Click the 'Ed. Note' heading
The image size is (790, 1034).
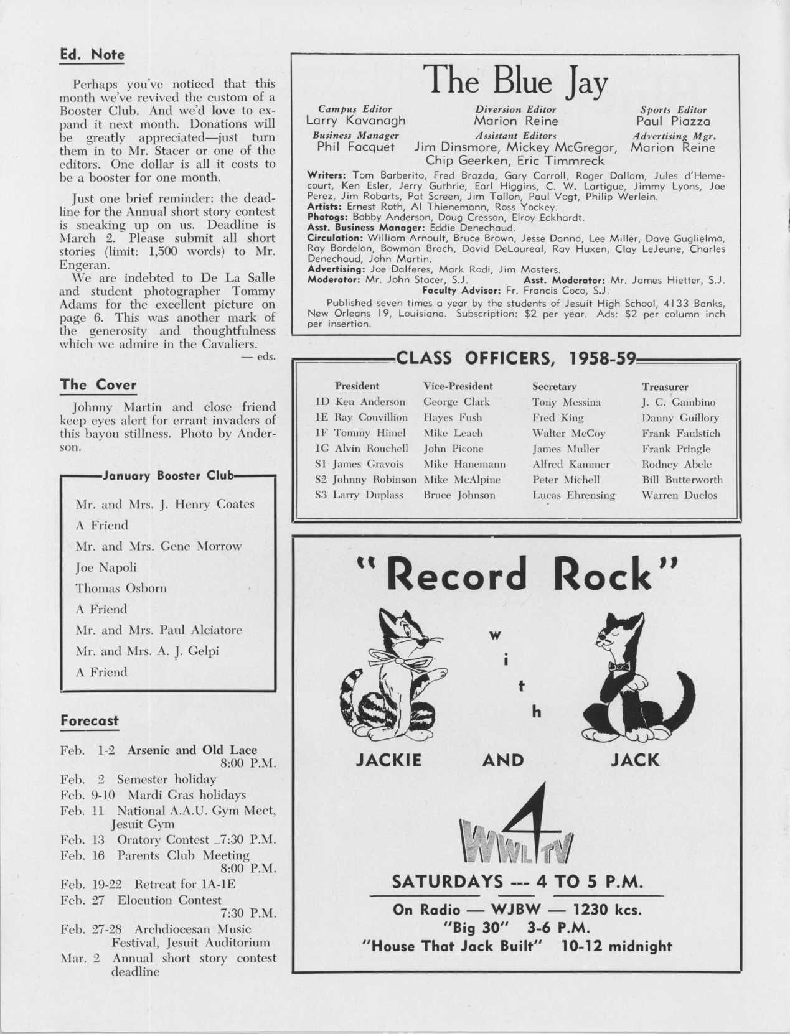click(92, 55)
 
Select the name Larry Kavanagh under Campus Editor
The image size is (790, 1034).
click(355, 121)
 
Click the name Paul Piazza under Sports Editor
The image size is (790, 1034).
click(673, 121)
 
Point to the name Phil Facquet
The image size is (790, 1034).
click(355, 147)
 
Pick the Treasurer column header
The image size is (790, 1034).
click(665, 386)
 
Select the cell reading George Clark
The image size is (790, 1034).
click(456, 402)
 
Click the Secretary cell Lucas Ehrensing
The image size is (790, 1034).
click(573, 495)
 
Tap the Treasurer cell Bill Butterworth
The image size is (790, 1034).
click(682, 480)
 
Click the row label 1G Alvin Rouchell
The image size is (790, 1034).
click(362, 449)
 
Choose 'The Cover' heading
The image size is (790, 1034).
click(98, 384)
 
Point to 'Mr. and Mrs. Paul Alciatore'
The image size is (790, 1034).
click(159, 630)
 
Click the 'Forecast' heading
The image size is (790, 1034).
click(89, 720)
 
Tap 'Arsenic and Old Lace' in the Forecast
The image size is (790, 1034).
click(192, 750)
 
